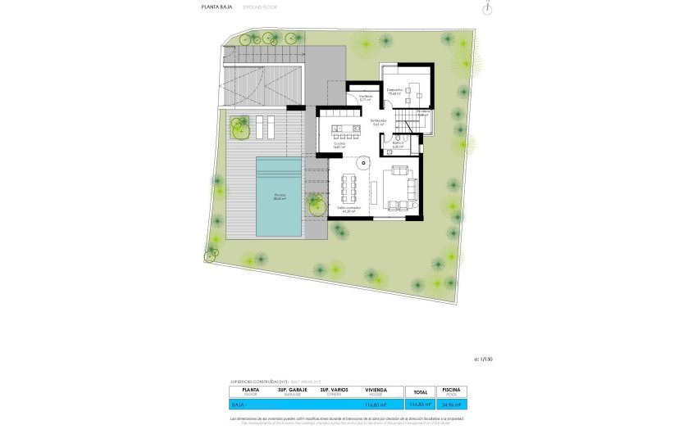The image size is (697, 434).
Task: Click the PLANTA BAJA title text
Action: [x=216, y=7]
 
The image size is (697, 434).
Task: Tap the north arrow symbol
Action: [x=490, y=8]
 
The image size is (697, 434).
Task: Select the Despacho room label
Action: [x=394, y=92]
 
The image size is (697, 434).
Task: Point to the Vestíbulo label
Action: [x=366, y=97]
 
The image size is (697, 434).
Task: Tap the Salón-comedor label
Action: [x=349, y=210]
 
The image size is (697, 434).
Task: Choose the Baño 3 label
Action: [x=398, y=145]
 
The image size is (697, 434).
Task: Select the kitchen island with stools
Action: [x=346, y=131]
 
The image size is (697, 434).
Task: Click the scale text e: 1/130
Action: [x=485, y=359]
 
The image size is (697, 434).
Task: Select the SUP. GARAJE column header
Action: [x=292, y=391]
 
